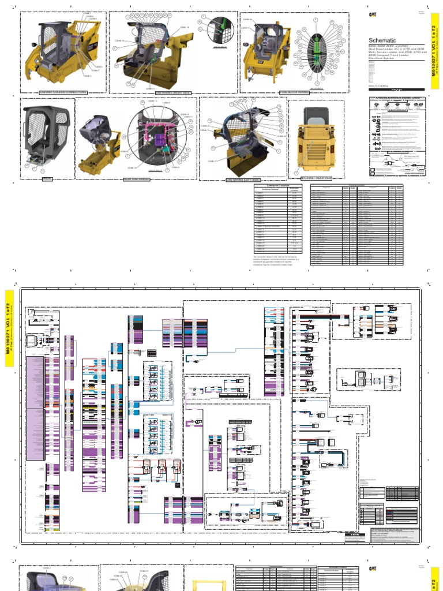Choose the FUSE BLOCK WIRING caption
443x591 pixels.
click(295, 92)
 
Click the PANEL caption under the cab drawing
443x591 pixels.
click(47, 179)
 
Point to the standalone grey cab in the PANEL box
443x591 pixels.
click(46, 136)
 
